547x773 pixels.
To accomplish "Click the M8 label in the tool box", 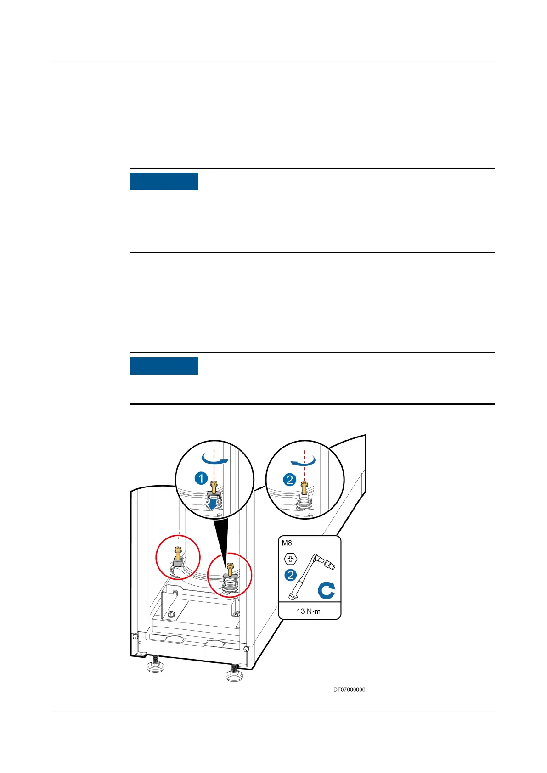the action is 287,543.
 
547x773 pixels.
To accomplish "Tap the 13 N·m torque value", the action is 309,611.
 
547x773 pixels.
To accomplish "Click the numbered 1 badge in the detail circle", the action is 201,479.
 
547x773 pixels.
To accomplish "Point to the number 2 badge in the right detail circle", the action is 290,480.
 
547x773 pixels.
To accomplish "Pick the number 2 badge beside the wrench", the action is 290,575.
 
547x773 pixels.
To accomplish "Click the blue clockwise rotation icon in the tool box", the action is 326,590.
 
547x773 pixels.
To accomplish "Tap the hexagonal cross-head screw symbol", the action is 291,559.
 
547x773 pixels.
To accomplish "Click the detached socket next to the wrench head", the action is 330,565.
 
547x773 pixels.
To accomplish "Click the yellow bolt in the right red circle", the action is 230,569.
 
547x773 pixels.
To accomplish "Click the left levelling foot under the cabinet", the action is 156,665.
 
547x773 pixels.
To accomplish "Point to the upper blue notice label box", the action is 164,181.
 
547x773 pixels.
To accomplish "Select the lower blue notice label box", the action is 164,366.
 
